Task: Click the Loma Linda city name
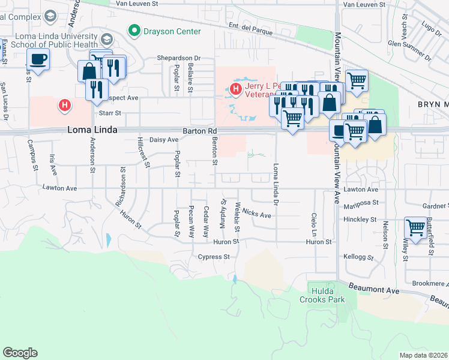[x=92, y=130]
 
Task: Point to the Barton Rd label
[x=198, y=131]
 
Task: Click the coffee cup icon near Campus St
[x=38, y=59]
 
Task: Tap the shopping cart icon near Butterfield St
[x=415, y=227]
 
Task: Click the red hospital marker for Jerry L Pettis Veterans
[x=236, y=89]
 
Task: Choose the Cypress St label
[x=214, y=257]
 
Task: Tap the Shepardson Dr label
[x=178, y=58]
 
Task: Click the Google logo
[x=20, y=353]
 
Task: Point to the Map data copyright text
[x=424, y=355]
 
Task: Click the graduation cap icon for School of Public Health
[x=107, y=40]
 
